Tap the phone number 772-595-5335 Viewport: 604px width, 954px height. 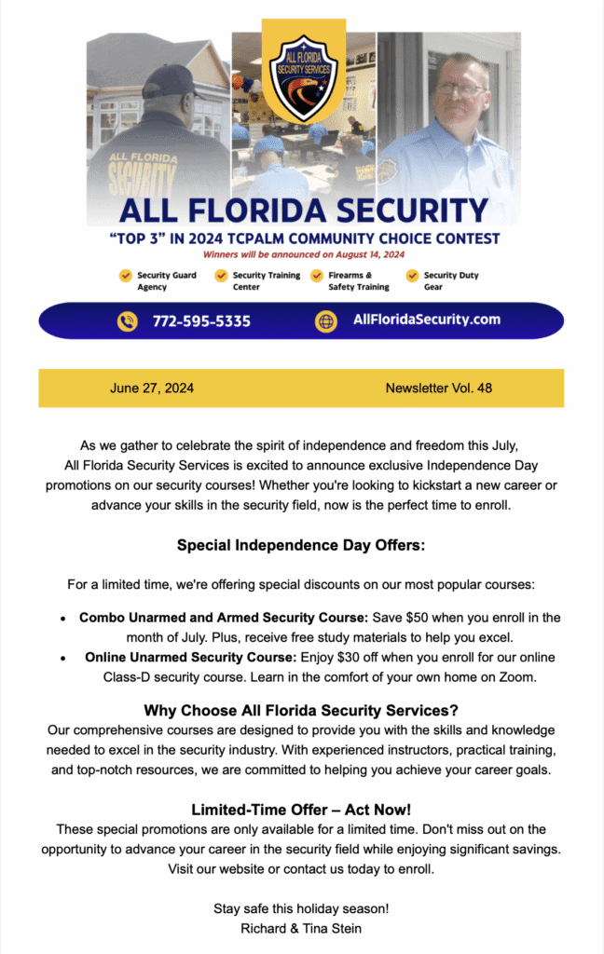(201, 321)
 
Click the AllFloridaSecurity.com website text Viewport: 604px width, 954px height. (426, 320)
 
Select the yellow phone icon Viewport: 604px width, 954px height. (128, 321)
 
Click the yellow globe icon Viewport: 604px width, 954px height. (326, 321)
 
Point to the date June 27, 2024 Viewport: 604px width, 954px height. (152, 388)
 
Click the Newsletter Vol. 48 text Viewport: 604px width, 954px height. (438, 388)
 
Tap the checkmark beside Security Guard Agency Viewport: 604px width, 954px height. (124, 276)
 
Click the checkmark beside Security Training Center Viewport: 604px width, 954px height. (221, 276)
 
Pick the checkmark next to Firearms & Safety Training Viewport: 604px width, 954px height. (316, 276)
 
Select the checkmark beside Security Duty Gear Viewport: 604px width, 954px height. (412, 276)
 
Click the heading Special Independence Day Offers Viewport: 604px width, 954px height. (301, 545)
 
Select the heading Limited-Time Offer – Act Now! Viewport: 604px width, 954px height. (301, 810)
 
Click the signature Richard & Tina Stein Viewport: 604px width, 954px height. (301, 928)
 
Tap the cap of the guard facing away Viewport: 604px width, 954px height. (171, 79)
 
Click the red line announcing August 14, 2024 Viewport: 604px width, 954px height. (301, 254)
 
